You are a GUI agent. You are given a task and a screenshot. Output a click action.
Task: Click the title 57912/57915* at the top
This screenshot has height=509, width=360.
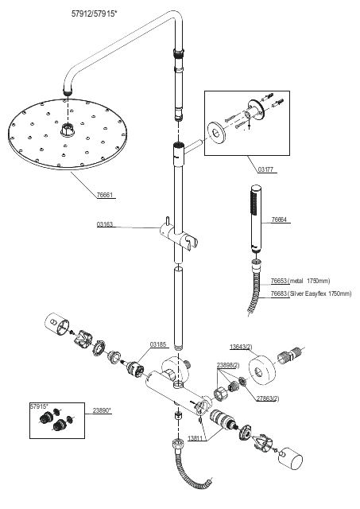coord(94,14)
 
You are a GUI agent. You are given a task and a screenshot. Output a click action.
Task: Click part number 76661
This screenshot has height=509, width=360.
coord(105,195)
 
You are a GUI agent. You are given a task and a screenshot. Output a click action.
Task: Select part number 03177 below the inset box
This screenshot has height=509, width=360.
coord(265,169)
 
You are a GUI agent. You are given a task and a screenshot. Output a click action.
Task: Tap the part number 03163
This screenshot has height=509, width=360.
coord(104,224)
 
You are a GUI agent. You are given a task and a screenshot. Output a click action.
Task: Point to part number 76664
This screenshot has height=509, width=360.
coord(279,220)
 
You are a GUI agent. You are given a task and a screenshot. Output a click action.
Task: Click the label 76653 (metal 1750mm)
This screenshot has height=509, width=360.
coord(300,281)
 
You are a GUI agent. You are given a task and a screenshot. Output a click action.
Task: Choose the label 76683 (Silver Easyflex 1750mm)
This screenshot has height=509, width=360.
coord(311,293)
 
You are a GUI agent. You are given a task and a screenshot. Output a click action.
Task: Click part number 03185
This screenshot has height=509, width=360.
coord(158,344)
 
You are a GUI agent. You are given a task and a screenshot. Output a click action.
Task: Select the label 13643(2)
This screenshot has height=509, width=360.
coord(241,347)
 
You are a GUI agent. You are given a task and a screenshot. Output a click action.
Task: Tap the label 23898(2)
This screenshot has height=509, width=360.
coord(228,365)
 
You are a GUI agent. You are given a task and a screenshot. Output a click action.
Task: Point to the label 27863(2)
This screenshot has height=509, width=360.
coord(268,398)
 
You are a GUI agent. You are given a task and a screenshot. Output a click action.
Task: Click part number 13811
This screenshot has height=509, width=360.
coord(195,438)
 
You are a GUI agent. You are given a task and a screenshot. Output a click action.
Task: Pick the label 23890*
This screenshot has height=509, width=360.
coord(102,410)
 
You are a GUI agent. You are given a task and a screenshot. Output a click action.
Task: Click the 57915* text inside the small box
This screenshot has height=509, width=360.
coord(39,406)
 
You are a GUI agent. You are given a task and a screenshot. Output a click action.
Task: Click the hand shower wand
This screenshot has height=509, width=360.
coord(256,219)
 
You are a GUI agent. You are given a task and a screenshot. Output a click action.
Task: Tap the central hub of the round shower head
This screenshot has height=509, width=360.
coord(68,130)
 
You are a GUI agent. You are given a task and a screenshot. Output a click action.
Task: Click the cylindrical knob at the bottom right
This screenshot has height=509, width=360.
coord(291,458)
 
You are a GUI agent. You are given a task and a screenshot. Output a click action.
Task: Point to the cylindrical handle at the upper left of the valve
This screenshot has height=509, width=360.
coord(56,323)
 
